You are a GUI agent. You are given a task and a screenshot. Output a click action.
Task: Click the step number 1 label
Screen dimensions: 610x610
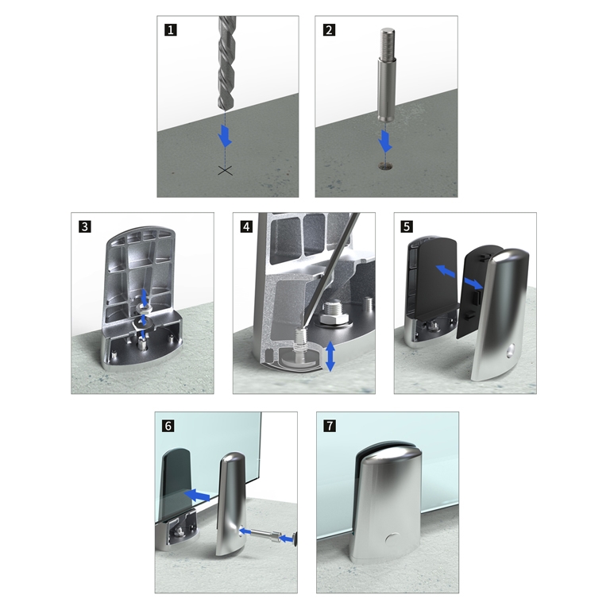171,30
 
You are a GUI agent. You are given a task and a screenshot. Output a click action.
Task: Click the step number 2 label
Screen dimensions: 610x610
329,30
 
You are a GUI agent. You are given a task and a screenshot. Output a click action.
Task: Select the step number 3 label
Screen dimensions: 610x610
85,226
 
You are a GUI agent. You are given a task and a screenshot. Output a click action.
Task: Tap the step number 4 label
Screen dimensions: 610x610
247,226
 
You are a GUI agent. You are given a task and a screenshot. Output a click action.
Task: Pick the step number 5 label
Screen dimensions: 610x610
407,226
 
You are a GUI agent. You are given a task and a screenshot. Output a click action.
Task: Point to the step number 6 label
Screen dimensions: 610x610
168,426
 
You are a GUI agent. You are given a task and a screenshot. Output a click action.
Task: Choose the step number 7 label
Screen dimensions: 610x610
330,426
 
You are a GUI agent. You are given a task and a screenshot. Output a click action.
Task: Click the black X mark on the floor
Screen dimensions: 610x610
226,170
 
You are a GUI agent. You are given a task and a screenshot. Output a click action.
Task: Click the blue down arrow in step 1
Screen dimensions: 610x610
225,136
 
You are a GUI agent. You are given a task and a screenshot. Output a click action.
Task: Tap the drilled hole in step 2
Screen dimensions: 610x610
385,167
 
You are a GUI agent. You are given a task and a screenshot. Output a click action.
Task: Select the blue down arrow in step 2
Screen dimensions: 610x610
385,141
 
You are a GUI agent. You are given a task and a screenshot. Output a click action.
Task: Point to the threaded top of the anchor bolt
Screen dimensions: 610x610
387,43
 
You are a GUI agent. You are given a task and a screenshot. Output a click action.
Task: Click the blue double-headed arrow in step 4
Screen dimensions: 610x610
330,356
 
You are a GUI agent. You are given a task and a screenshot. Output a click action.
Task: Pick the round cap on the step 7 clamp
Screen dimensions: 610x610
392,539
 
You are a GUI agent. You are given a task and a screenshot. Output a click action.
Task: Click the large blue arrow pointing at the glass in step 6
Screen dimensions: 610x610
196,495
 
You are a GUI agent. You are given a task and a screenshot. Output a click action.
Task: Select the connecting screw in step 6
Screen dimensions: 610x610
268,535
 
